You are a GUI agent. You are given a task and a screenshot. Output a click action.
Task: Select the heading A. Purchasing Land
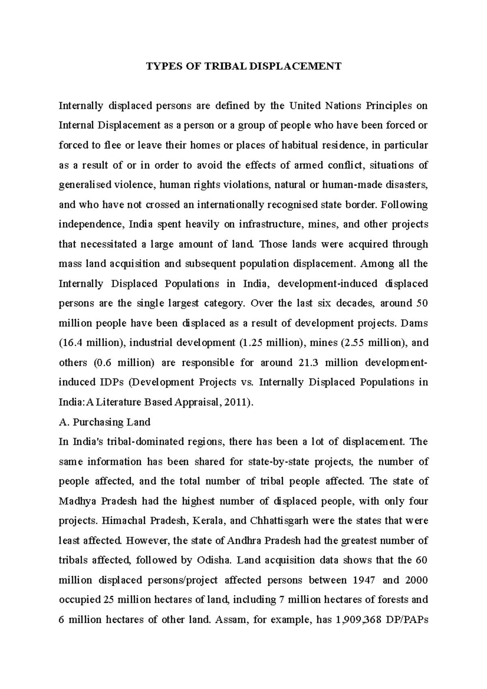105,422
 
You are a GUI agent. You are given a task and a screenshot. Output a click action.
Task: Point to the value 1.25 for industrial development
253,343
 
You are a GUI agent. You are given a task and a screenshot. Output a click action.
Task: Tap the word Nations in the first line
344,106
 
